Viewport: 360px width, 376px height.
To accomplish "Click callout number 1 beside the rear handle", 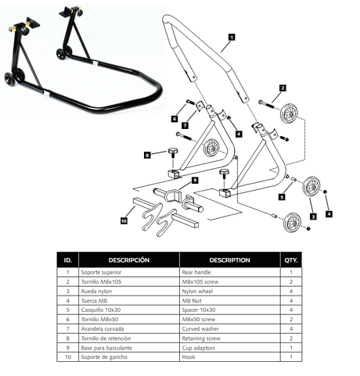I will point(232,36).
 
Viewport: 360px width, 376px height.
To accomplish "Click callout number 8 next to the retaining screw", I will point(147,156).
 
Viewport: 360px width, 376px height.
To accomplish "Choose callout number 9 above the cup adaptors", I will point(195,181).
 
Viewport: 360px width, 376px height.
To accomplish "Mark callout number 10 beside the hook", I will point(124,221).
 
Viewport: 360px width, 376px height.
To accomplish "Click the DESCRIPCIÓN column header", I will point(129,260).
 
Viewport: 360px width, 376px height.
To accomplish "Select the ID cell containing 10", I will point(68,357).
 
